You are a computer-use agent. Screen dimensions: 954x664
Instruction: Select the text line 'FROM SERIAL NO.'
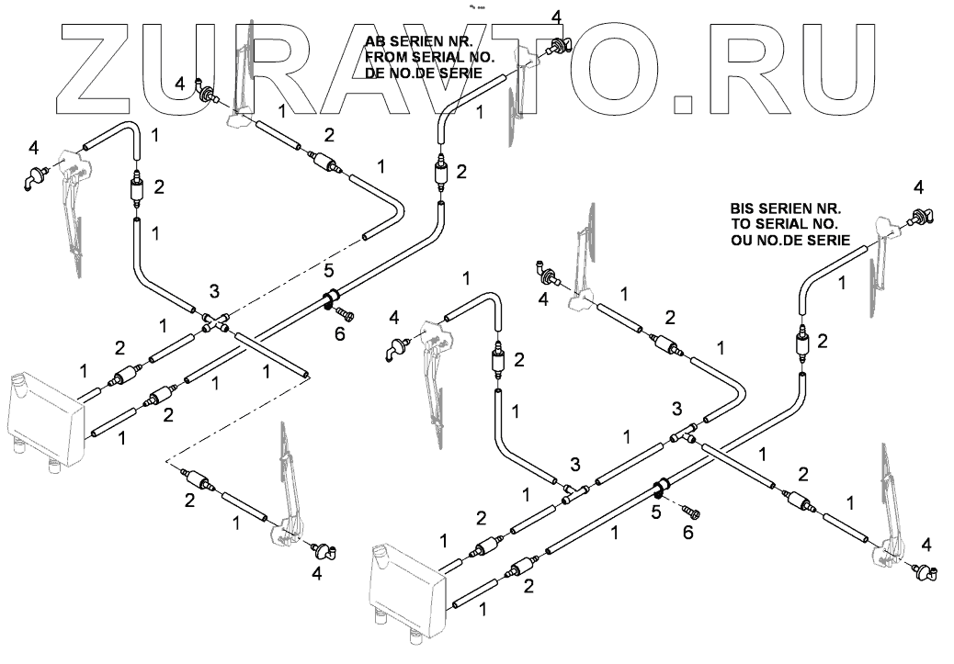point(429,58)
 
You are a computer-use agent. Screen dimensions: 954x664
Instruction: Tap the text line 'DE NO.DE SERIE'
point(424,73)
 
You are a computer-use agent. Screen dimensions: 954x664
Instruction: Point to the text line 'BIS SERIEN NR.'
point(786,208)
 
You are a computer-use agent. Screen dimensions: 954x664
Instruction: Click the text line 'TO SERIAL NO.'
point(784,224)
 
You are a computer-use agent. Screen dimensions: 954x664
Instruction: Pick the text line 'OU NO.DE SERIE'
point(790,240)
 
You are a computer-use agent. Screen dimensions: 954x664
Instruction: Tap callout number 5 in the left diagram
point(328,270)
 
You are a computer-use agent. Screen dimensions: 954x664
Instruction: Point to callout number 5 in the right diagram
point(656,512)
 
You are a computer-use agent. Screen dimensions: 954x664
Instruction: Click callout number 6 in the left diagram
point(340,333)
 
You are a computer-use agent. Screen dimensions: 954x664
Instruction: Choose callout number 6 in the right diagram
point(688,532)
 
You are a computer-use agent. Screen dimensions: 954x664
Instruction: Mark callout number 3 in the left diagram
point(214,291)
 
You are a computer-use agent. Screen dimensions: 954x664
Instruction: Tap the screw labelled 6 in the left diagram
point(345,314)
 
